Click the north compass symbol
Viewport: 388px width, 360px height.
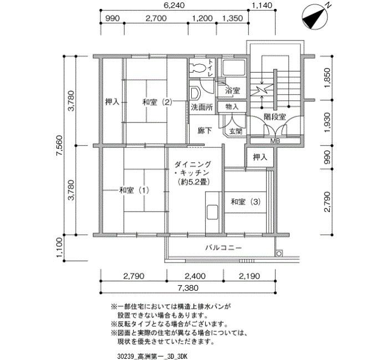tap(315, 17)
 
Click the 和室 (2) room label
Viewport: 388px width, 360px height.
tap(157, 102)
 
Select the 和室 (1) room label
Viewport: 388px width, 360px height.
tap(134, 190)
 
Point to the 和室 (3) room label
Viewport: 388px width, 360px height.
tap(246, 202)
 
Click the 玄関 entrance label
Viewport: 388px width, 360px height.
tap(236, 131)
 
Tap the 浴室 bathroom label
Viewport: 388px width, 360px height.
tap(232, 90)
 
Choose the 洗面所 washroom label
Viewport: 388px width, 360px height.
tap(202, 107)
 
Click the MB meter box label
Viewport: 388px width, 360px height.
tap(275, 141)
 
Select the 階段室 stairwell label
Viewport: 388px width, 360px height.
tap(275, 117)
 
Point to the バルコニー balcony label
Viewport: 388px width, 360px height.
tap(223, 248)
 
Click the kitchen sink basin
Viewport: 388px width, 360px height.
tap(212, 212)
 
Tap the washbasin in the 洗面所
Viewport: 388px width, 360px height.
tap(195, 93)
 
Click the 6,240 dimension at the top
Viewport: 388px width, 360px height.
tap(174, 5)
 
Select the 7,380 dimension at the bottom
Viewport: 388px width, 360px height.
tap(188, 288)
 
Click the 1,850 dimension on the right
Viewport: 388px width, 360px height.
tap(327, 78)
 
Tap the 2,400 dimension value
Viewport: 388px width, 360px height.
tap(195, 276)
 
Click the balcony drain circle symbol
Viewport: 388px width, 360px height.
tap(279, 254)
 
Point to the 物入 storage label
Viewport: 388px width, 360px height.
tap(232, 107)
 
